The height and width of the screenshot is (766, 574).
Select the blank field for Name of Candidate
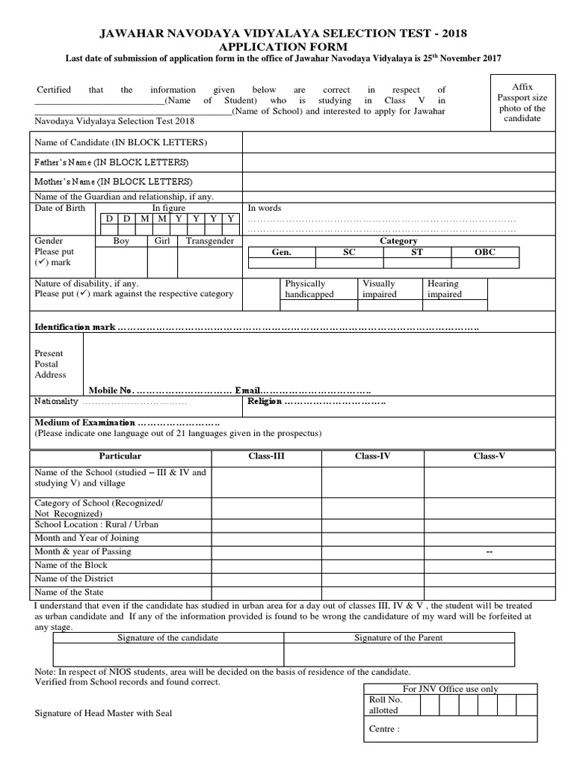(x=397, y=142)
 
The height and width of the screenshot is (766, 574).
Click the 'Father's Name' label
(x=111, y=162)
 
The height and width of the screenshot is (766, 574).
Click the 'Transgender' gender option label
(x=210, y=241)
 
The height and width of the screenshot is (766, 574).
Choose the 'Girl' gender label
(x=162, y=241)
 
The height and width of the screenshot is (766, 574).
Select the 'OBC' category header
(x=485, y=253)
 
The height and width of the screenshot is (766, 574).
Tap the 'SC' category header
(x=349, y=253)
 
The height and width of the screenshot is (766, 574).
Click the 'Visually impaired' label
(x=379, y=289)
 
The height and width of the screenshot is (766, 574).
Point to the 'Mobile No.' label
(x=111, y=390)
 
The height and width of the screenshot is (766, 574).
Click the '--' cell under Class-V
(x=490, y=551)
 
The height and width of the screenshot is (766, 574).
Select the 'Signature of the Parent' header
(x=398, y=638)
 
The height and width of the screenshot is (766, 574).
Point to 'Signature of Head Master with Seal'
(x=103, y=713)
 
